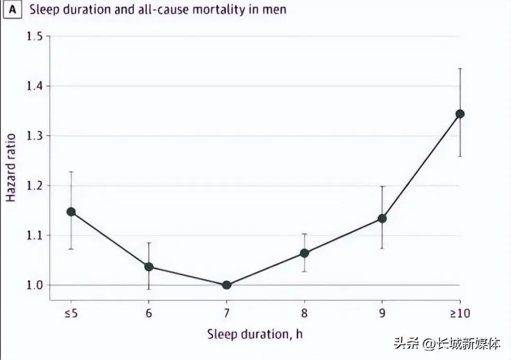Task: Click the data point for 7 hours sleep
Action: (x=226, y=285)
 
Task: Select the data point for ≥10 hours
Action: (x=459, y=114)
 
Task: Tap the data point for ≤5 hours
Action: (x=71, y=211)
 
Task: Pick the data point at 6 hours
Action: (x=149, y=267)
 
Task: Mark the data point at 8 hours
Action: (x=304, y=253)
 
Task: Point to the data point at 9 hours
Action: (x=382, y=219)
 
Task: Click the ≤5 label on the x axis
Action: (x=71, y=313)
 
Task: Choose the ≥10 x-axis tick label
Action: (x=459, y=313)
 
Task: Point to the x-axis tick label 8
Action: (x=304, y=313)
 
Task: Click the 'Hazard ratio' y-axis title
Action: (x=11, y=168)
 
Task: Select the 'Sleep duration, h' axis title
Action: (x=255, y=334)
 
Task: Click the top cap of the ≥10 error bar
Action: (x=459, y=69)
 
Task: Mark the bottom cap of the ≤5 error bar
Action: (x=71, y=249)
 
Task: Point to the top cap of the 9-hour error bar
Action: (x=382, y=186)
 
